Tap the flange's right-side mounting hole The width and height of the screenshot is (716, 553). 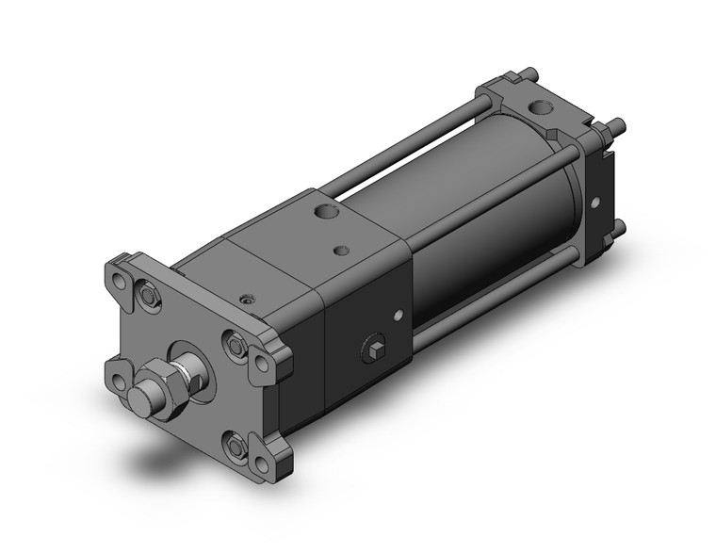[259, 361]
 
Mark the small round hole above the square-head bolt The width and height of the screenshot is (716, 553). [400, 316]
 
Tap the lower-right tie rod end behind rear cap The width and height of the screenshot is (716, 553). [618, 225]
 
